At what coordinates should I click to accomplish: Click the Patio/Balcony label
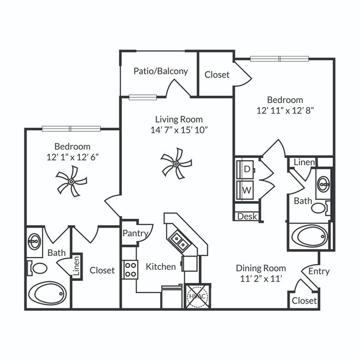[x=161, y=71]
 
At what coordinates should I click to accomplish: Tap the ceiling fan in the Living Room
[x=176, y=163]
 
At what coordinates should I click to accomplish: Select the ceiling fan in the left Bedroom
[x=71, y=182]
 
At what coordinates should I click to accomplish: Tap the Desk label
[x=247, y=216]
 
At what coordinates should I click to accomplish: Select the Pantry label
[x=135, y=233]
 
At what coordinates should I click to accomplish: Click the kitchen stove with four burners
[x=130, y=270]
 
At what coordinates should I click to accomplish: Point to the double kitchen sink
[x=178, y=239]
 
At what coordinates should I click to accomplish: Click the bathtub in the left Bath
[x=47, y=294]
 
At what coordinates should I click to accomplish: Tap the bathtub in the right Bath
[x=310, y=237]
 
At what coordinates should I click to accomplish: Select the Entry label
[x=319, y=271]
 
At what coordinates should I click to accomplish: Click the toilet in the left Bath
[x=39, y=268]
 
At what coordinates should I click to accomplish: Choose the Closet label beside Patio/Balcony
[x=217, y=74]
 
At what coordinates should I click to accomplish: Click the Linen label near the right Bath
[x=304, y=162]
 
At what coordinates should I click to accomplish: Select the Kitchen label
[x=161, y=266]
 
